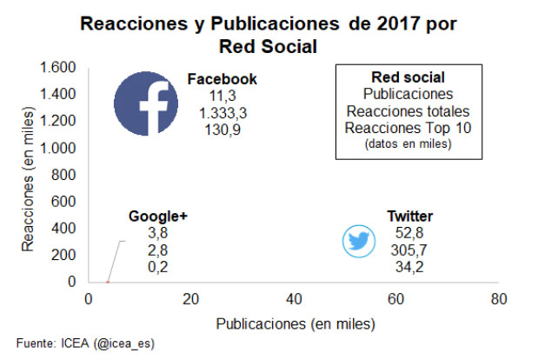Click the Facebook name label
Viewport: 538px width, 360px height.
[223, 79]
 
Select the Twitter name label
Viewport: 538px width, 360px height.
[410, 217]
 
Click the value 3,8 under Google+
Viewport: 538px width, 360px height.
[157, 233]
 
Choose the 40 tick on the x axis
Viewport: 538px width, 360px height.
[293, 298]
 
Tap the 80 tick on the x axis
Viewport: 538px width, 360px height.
[497, 298]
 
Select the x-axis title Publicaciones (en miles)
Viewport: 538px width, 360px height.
[295, 323]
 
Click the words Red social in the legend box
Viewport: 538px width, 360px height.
[408, 77]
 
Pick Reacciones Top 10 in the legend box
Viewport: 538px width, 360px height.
[408, 129]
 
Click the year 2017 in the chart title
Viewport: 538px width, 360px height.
[373, 23]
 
